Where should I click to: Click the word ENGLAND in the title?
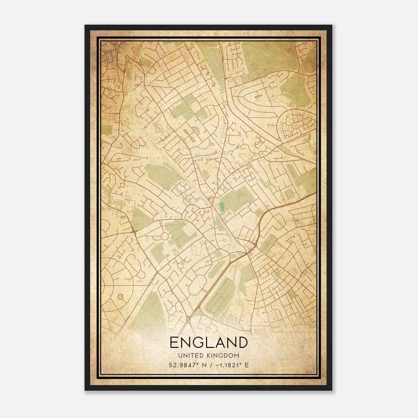208,342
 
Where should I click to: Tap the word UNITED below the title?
188,356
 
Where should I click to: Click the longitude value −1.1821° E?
231,365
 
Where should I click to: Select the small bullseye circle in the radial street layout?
121,297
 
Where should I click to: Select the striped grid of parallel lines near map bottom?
231,319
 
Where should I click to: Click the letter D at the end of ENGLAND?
242,342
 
